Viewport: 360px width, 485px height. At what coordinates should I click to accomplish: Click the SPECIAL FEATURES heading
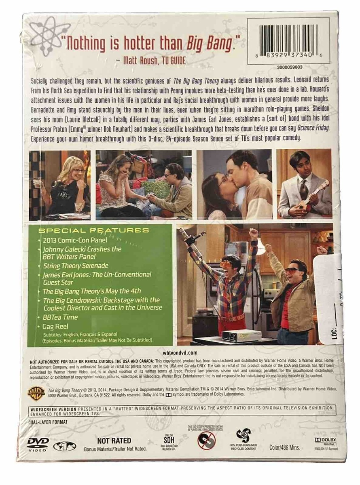tap(93, 230)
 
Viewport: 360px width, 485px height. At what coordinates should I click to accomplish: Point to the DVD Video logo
tap(38, 443)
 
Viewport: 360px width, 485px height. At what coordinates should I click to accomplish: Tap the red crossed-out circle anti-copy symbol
tap(206, 440)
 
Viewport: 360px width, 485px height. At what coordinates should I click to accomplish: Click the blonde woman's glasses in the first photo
tap(78, 171)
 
